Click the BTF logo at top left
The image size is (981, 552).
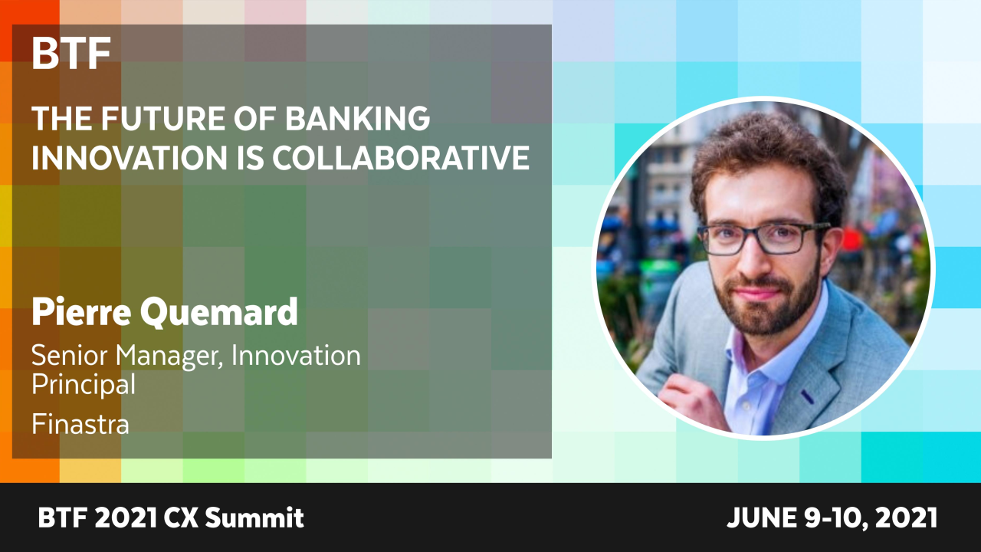pos(71,53)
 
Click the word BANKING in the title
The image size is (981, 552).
pos(358,118)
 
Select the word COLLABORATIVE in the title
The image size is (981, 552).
pos(401,157)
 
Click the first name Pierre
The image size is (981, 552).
pos(81,311)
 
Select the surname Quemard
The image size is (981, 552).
pos(219,312)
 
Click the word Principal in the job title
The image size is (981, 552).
pos(84,384)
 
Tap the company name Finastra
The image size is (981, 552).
pos(80,424)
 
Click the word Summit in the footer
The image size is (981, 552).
pos(254,517)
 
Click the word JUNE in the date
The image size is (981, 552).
pos(762,517)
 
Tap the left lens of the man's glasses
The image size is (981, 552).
pos(723,240)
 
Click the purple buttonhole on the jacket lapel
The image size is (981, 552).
pos(808,396)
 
